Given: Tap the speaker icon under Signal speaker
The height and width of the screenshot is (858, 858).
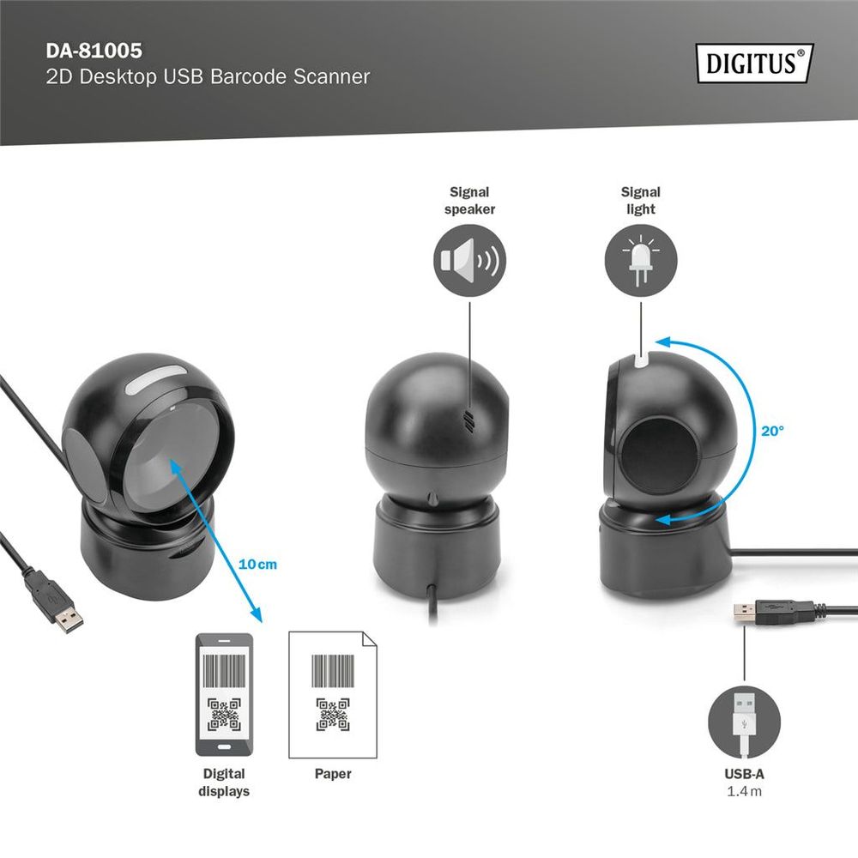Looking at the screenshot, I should [469, 261].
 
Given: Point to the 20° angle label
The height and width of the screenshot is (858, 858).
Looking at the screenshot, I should [771, 432].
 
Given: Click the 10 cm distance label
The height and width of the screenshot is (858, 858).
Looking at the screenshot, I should [258, 565].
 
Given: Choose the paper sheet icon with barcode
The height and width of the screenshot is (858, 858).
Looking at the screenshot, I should [333, 694].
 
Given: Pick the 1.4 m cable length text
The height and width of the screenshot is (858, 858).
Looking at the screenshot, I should [744, 791].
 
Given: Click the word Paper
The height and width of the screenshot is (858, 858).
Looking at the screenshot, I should [333, 774].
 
